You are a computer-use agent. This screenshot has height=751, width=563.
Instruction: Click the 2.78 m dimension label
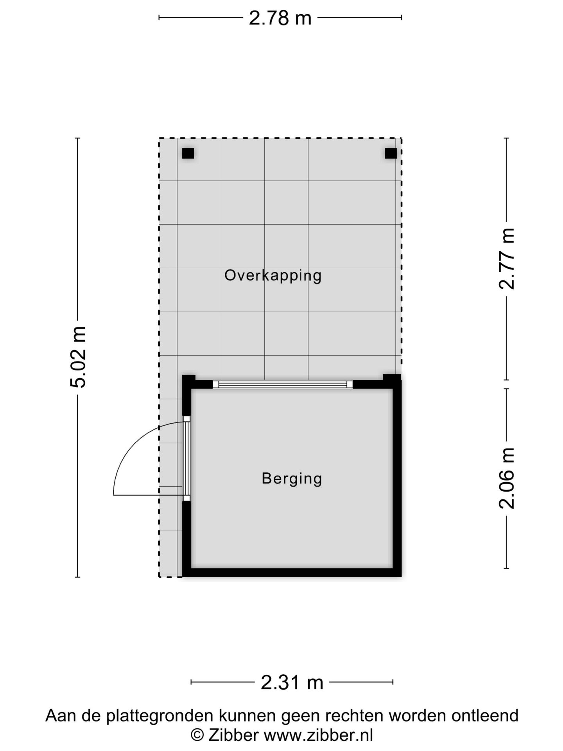[x=280, y=18]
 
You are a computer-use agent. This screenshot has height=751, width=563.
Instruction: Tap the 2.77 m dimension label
[x=507, y=259]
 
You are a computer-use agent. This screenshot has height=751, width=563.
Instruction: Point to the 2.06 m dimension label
[x=507, y=478]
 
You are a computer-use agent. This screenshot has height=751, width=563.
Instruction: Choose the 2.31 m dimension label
[x=292, y=683]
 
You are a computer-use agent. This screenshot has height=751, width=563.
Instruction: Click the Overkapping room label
[x=273, y=275]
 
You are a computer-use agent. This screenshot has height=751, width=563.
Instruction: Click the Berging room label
[x=292, y=478]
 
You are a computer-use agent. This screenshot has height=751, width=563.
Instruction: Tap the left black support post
[x=188, y=153]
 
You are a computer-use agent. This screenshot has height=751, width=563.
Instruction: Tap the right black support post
[x=391, y=153]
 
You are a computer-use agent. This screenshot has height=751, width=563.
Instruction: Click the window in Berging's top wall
[x=282, y=384]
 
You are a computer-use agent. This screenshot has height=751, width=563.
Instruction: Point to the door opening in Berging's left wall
[x=186, y=458]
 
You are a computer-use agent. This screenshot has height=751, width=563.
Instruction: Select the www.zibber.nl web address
[x=318, y=735]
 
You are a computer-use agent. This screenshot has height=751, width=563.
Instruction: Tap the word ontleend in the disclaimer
[x=485, y=716]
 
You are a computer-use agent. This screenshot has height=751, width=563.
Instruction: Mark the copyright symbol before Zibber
[x=197, y=735]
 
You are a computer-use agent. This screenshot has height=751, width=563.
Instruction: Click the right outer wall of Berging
[x=397, y=477]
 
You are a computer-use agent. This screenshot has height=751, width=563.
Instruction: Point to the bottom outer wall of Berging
[x=292, y=572]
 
